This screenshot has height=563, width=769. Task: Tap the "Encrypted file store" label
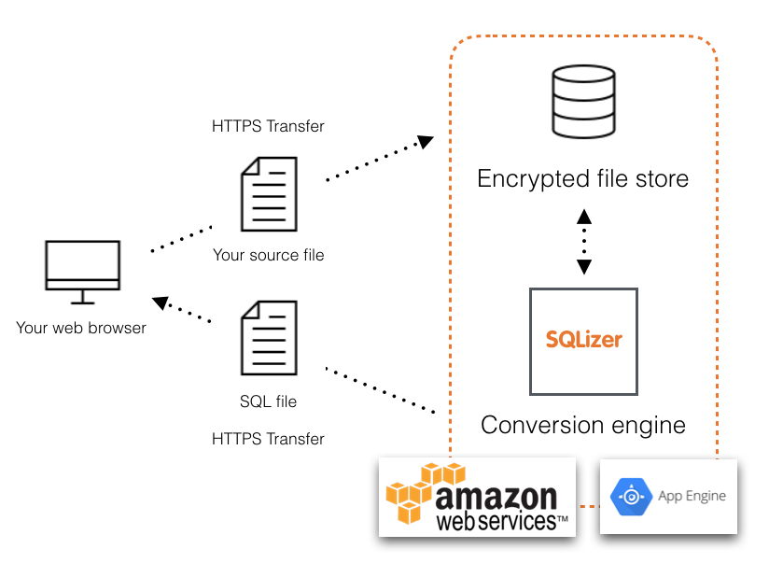(582, 178)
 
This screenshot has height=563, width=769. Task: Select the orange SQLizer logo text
(583, 338)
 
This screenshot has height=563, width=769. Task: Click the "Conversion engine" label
(582, 426)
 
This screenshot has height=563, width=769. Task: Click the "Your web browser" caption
(81, 328)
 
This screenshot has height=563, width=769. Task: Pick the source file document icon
(269, 194)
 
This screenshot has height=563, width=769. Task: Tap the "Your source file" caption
(269, 255)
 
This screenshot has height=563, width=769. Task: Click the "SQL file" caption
(269, 401)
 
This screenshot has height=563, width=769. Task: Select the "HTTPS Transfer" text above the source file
(269, 126)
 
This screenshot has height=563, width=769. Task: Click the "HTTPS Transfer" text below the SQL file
(269, 439)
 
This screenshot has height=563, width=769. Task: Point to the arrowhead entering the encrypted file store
(426, 142)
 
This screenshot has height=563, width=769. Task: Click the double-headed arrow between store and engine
(584, 240)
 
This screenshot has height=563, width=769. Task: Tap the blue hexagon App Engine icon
(630, 497)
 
